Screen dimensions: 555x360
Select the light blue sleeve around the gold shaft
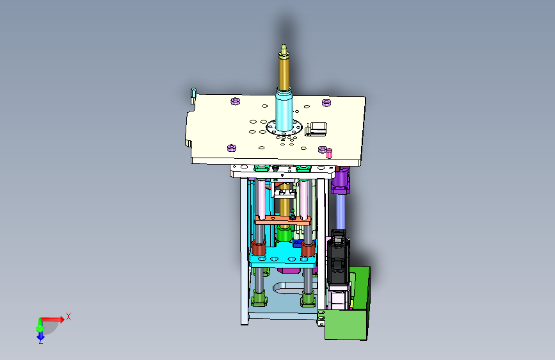(284, 109)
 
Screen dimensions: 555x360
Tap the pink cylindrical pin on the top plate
(329, 153)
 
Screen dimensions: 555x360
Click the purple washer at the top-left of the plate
(236, 101)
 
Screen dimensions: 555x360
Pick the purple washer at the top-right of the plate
(326, 102)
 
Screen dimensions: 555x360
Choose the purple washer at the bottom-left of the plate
(232, 147)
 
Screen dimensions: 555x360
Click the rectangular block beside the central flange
(316, 128)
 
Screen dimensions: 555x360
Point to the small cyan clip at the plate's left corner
(193, 94)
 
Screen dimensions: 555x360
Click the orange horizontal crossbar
(283, 220)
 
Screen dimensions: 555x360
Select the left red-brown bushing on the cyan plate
(259, 248)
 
